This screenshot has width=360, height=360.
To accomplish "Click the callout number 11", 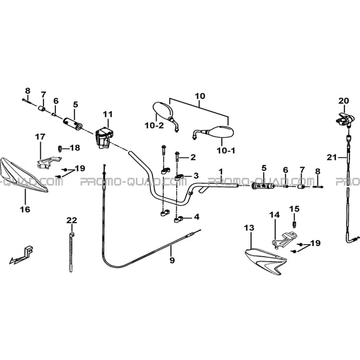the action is click(108, 115).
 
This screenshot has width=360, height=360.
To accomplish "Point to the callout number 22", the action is click(72, 220).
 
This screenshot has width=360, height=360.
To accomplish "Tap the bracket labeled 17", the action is click(49, 162).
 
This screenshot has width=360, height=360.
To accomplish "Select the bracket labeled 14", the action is click(284, 239).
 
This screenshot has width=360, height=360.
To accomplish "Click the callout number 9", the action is click(172, 260).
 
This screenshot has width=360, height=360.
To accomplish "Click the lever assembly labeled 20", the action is click(344, 120).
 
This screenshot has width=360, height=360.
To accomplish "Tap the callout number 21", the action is click(331, 158).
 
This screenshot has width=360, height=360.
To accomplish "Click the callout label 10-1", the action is click(226, 151).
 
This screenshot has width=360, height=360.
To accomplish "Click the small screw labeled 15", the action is click(295, 224).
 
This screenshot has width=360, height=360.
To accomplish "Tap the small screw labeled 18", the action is click(60, 148).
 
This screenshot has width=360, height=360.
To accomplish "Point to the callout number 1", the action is click(221, 172).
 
